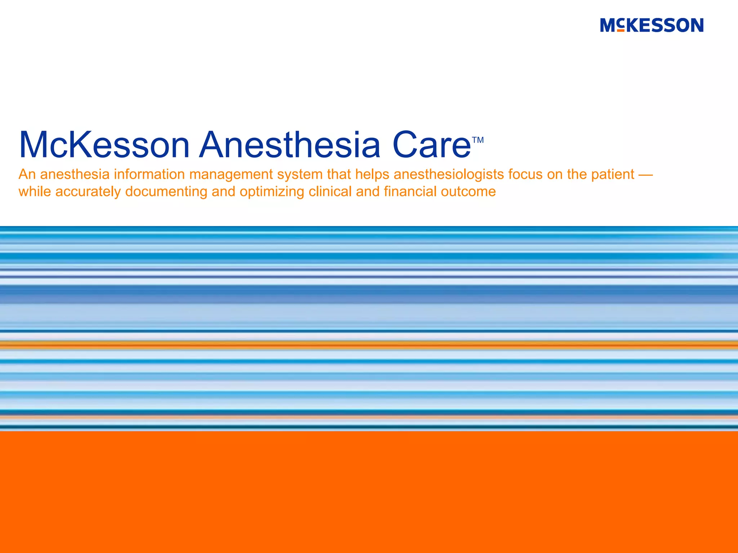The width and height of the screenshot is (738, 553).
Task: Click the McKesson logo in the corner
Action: [x=652, y=25]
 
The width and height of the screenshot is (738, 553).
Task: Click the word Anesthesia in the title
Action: [x=290, y=145]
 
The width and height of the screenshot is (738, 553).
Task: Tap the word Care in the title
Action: [x=431, y=145]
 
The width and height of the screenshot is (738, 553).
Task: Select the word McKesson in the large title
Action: [x=104, y=145]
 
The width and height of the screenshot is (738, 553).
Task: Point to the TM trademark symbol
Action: [x=478, y=140]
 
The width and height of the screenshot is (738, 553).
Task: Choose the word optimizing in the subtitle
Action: [x=272, y=192]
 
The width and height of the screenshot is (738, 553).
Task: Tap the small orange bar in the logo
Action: [x=621, y=31]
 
